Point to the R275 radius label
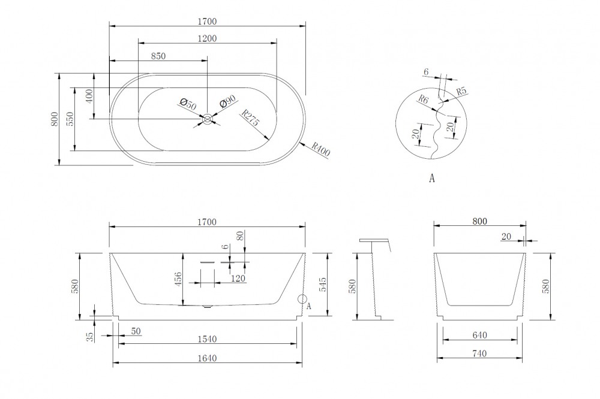pos(250,118)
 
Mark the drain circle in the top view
pos(208,119)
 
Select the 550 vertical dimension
pos(70,119)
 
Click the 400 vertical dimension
pos(89,96)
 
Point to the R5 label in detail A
pos(461,92)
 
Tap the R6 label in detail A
pos(423,99)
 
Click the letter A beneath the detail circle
pos(431,178)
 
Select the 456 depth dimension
pos(178,279)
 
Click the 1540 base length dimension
pos(207,339)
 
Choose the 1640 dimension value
pos(207,358)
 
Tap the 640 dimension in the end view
pos(480,335)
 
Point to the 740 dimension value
pos(480,354)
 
